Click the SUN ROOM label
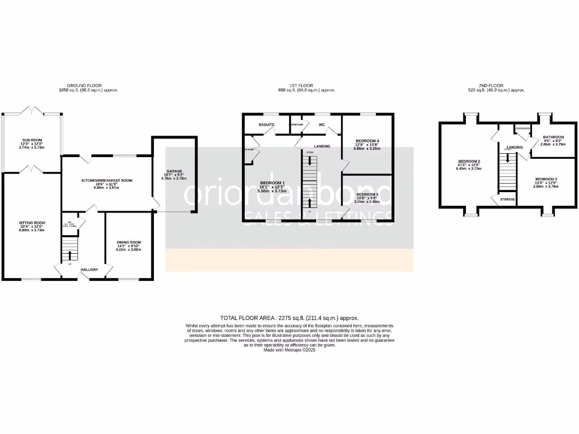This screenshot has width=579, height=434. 32,140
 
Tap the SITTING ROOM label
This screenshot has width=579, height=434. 32,223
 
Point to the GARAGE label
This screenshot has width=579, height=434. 174,171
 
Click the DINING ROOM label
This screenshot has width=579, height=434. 128,242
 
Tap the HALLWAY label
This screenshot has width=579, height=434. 89,270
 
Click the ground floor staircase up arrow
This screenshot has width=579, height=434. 70,249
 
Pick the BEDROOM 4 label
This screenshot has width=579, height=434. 367,141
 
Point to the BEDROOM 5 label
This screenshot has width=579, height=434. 367,194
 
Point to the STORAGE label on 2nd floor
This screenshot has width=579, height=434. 507,199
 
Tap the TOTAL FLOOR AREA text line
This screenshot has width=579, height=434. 289,318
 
